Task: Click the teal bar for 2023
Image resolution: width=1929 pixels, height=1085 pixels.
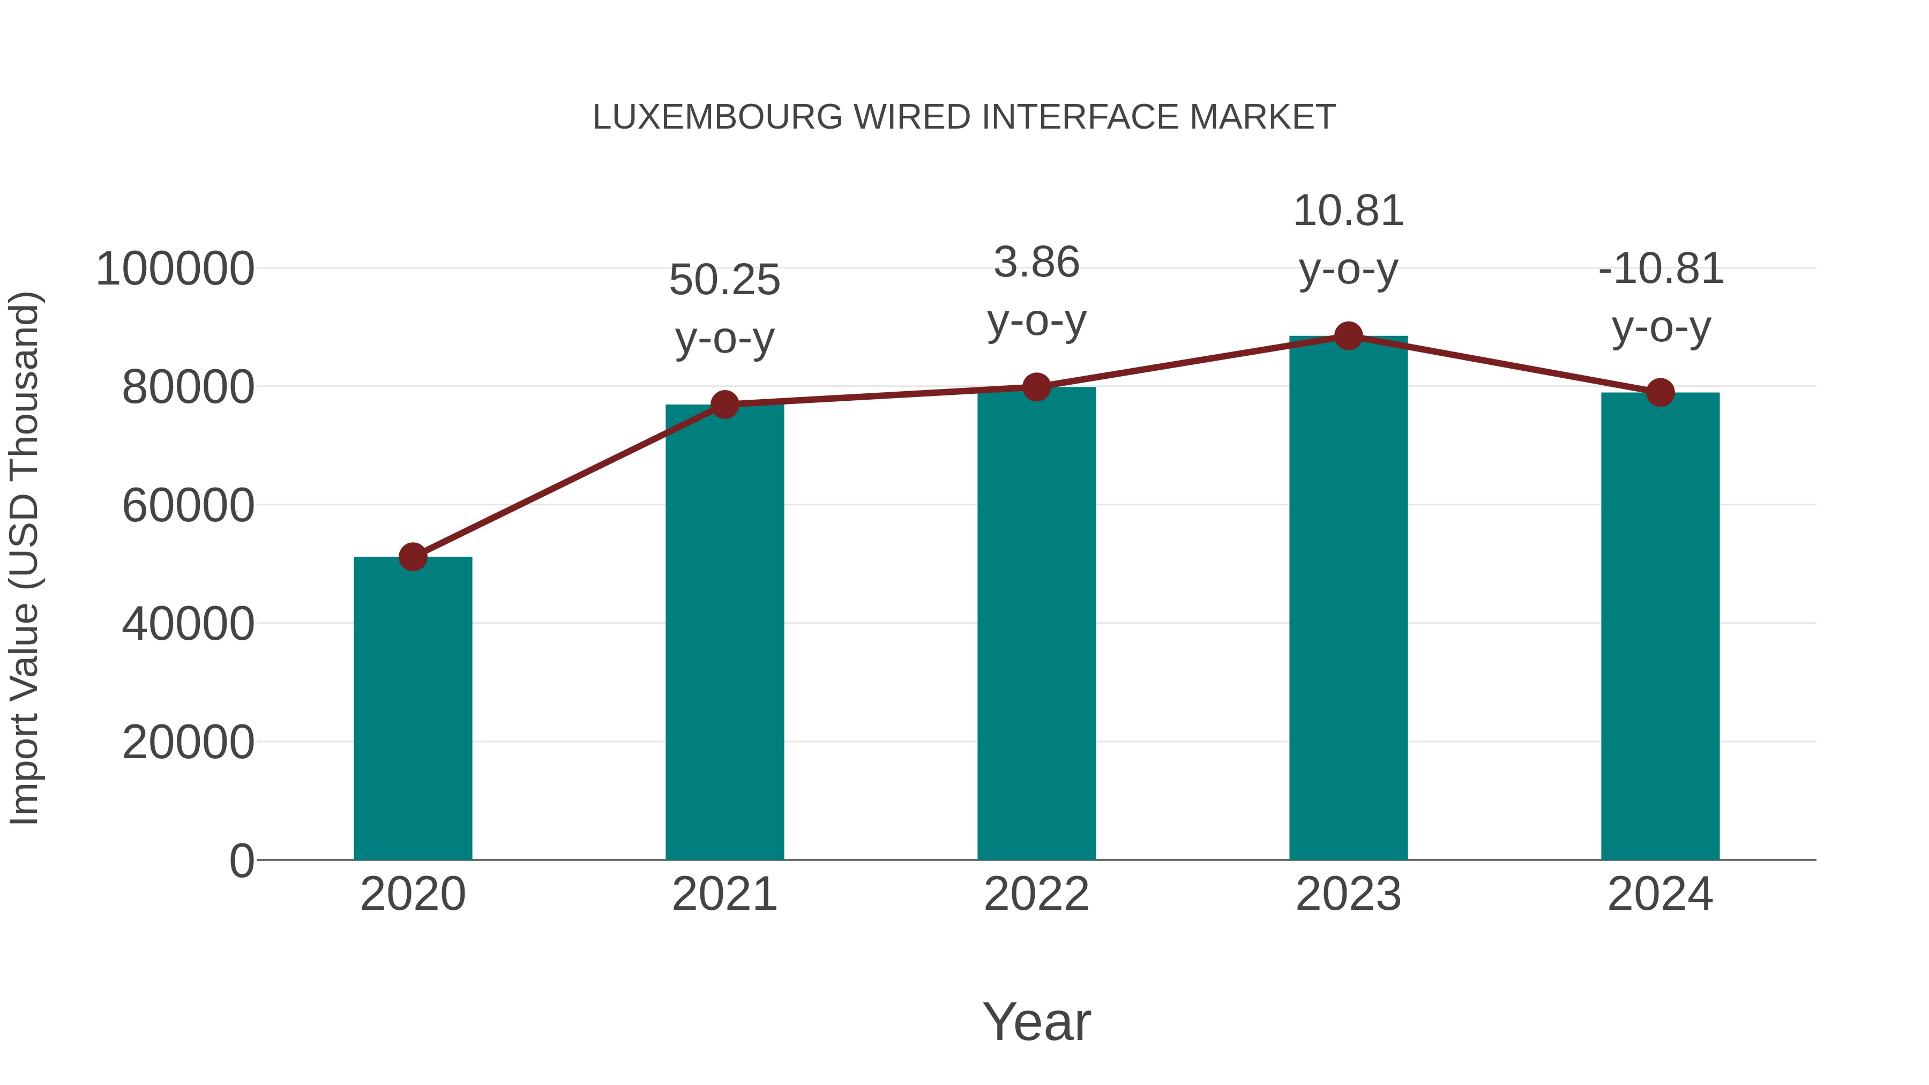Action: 1348,599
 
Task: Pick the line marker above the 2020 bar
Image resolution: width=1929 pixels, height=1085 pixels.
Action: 413,556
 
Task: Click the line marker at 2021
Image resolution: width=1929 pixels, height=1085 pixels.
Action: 724,405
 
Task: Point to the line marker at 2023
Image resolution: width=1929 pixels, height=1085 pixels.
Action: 1348,336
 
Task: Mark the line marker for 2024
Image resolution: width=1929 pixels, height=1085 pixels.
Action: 1660,392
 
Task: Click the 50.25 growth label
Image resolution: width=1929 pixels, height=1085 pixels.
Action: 724,280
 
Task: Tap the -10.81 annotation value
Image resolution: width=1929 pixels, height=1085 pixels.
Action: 1660,270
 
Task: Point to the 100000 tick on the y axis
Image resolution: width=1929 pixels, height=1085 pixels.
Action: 175,269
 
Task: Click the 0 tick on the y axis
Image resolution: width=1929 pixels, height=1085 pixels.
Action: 241,860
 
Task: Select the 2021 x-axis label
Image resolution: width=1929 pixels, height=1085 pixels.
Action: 724,894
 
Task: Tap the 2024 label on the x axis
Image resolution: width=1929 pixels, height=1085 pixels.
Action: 1660,894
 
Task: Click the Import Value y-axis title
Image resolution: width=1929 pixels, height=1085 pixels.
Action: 24,558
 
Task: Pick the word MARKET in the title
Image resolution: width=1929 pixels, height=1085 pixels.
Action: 1262,117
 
